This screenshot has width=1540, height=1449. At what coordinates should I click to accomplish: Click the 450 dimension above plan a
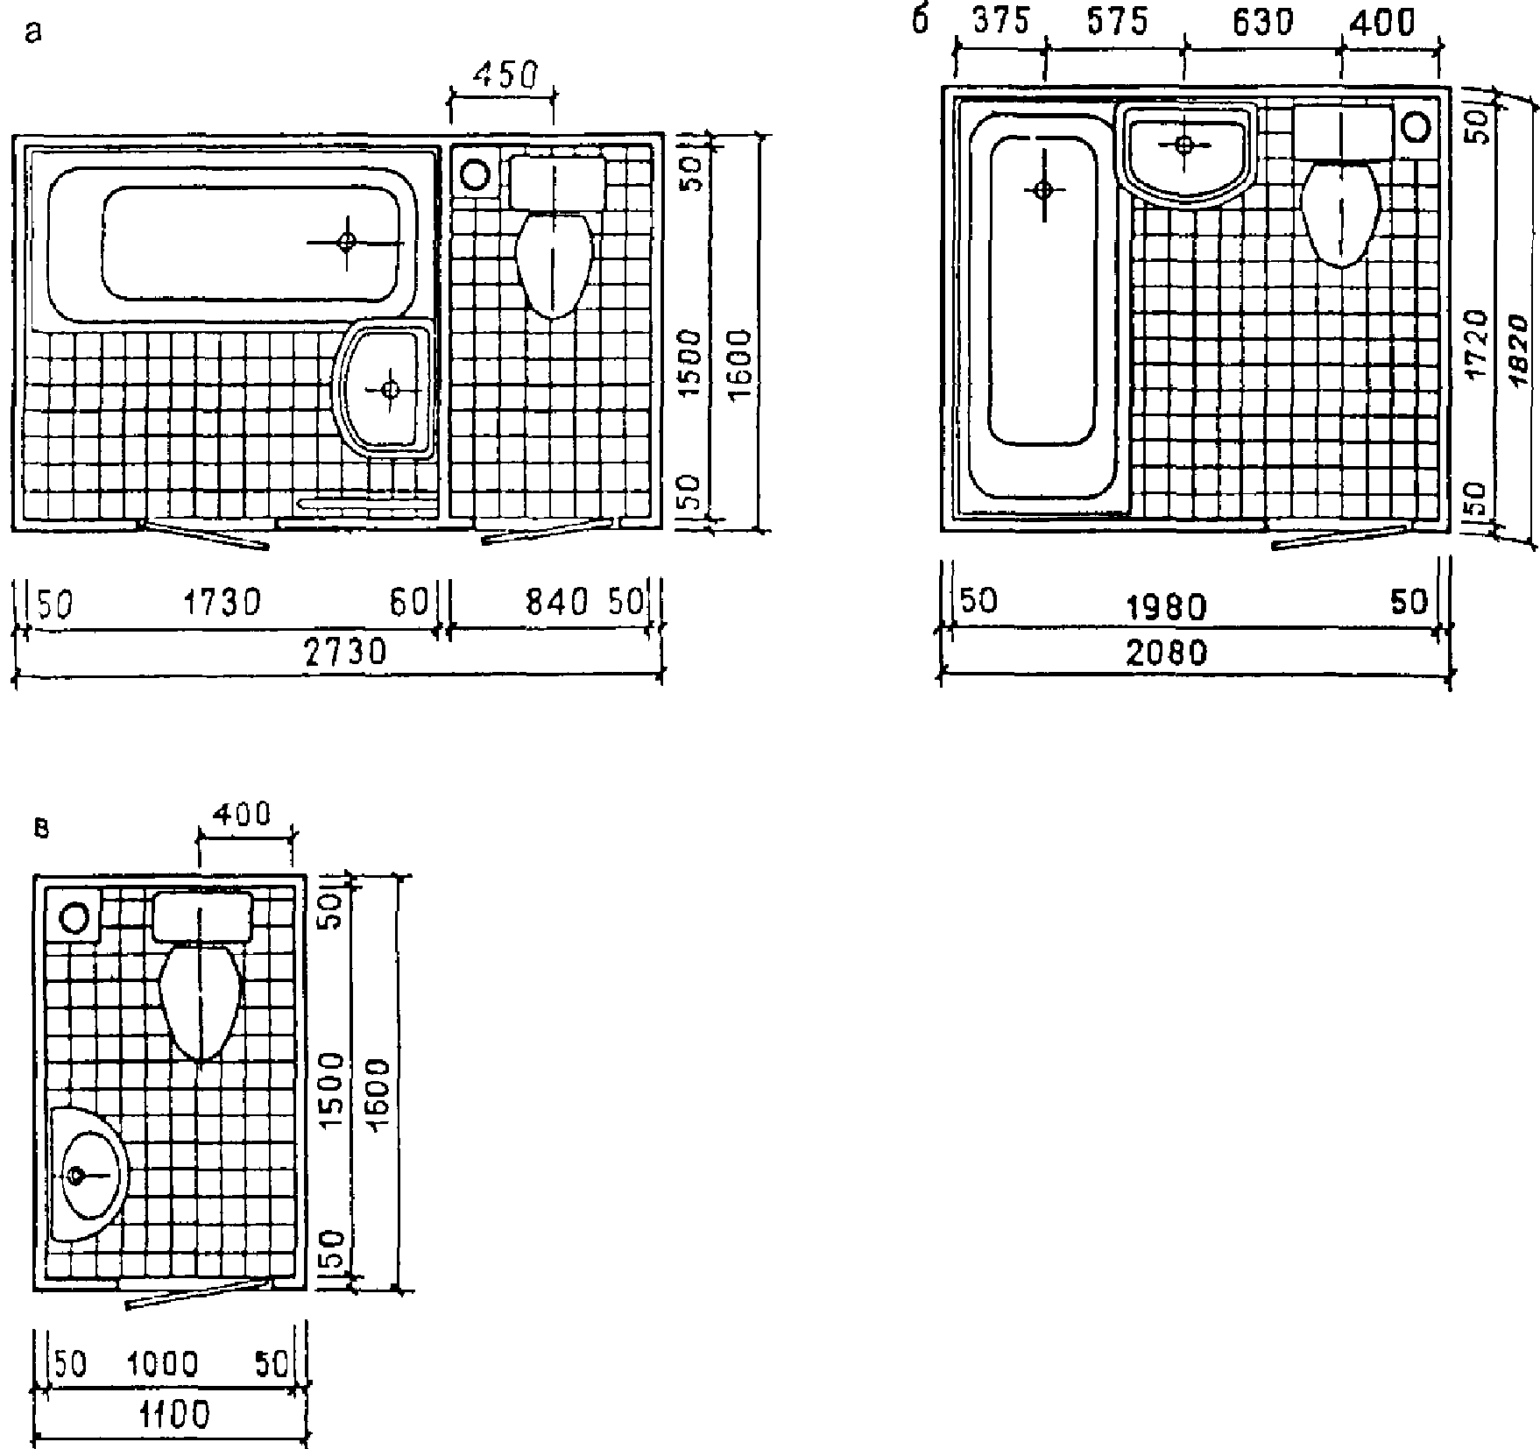tap(503, 76)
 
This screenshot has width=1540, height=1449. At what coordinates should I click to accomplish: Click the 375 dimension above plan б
tap(1000, 22)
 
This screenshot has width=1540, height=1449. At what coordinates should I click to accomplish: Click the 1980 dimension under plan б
tap(1167, 606)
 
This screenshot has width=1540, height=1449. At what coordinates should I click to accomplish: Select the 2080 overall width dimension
tap(1167, 653)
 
